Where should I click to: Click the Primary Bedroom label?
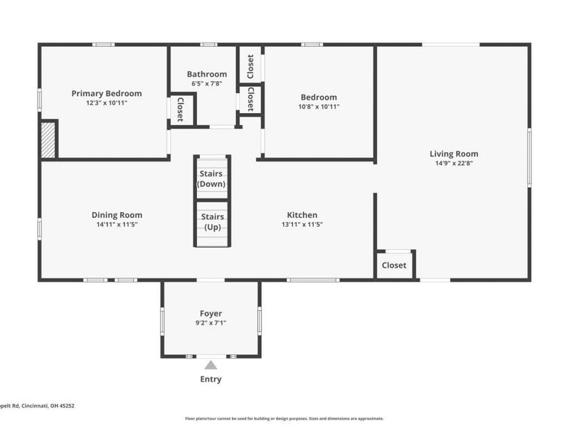(x=106, y=93)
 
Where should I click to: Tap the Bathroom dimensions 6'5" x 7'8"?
(x=207, y=83)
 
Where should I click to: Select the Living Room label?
(x=453, y=154)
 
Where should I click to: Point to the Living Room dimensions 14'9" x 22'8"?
(x=453, y=163)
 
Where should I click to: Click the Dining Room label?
(x=117, y=215)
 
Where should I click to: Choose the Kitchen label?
(x=302, y=215)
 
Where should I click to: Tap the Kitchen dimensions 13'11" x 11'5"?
(x=302, y=224)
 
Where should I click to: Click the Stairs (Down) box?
(x=212, y=179)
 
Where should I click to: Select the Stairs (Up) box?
(x=212, y=222)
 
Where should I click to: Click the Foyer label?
(x=211, y=313)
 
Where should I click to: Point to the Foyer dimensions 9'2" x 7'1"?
(x=211, y=322)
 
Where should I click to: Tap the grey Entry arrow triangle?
(x=211, y=365)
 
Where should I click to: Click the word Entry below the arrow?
(x=211, y=379)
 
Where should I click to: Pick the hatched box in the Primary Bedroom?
(x=48, y=139)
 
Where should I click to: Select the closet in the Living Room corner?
(x=394, y=265)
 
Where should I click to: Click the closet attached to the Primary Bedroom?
(x=180, y=110)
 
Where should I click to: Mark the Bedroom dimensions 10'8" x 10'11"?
(x=318, y=107)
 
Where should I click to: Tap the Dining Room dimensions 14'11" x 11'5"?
(x=117, y=224)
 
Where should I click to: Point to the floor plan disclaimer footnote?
(x=284, y=418)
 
